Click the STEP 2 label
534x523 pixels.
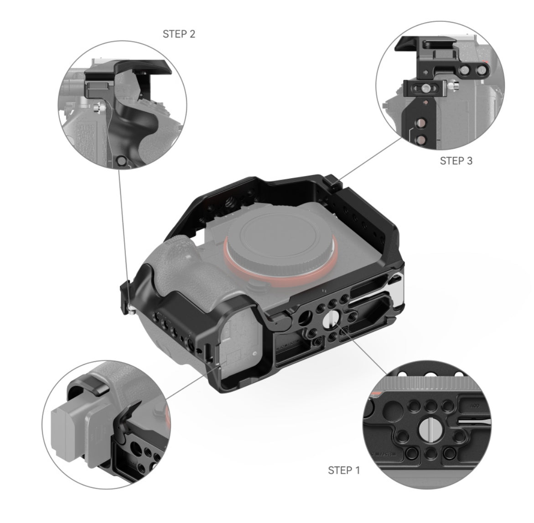(x=179, y=34)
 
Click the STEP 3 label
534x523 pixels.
(x=456, y=161)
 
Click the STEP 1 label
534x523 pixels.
(x=344, y=470)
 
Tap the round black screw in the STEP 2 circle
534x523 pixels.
(x=122, y=161)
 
